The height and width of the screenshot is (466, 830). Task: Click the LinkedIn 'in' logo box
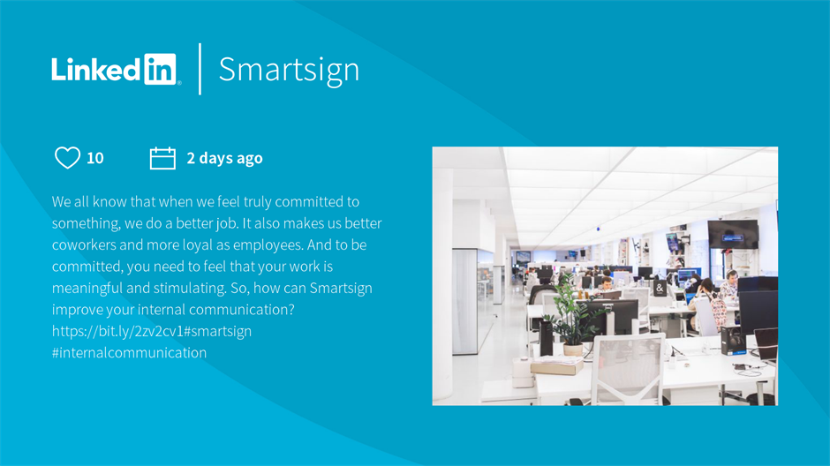click(x=160, y=69)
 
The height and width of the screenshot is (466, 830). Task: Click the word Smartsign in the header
click(x=289, y=70)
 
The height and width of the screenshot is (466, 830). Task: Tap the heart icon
click(x=68, y=157)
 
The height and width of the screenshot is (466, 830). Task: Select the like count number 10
click(x=95, y=158)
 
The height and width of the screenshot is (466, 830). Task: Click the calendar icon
click(x=162, y=158)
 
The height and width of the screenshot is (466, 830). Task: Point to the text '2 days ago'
click(x=224, y=158)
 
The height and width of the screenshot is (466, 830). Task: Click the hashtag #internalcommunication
click(x=129, y=352)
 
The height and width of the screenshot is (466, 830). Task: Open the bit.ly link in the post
click(x=117, y=331)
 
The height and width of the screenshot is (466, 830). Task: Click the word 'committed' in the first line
click(x=309, y=201)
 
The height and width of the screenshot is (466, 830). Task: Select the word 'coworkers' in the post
click(x=84, y=244)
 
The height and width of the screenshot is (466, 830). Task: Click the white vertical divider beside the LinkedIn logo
click(x=200, y=69)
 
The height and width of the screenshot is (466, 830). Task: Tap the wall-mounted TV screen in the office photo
click(x=733, y=234)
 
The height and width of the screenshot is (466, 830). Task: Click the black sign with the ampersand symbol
click(x=660, y=289)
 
